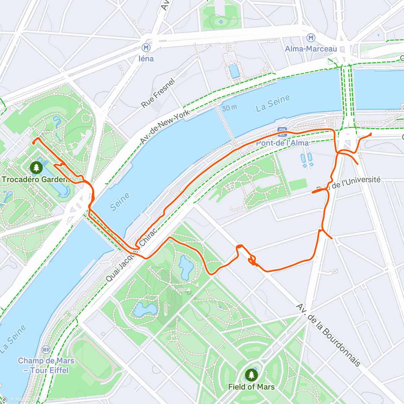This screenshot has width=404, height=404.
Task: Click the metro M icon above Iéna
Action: [146, 47]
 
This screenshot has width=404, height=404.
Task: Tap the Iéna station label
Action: [146, 59]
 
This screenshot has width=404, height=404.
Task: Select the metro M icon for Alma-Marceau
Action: [311, 38]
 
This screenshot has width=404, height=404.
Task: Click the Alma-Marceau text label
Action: [311, 49]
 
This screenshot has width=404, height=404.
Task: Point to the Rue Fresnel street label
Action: [158, 93]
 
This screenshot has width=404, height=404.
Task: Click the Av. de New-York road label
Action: [165, 127]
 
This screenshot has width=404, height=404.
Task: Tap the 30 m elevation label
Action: [229, 108]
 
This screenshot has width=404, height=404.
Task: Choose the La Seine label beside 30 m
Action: [273, 103]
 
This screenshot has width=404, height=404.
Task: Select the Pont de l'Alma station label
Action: [282, 143]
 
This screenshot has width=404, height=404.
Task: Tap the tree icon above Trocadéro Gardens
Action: [36, 167]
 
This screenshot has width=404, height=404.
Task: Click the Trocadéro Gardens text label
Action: [35, 179]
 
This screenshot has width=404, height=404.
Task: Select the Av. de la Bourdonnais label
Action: [328, 335]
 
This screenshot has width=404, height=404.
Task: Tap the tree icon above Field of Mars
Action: [251, 375]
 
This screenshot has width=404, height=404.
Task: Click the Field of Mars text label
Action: [251, 387]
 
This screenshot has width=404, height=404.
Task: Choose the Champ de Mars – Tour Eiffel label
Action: [46, 366]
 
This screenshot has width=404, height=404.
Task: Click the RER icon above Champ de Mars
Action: [46, 350]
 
